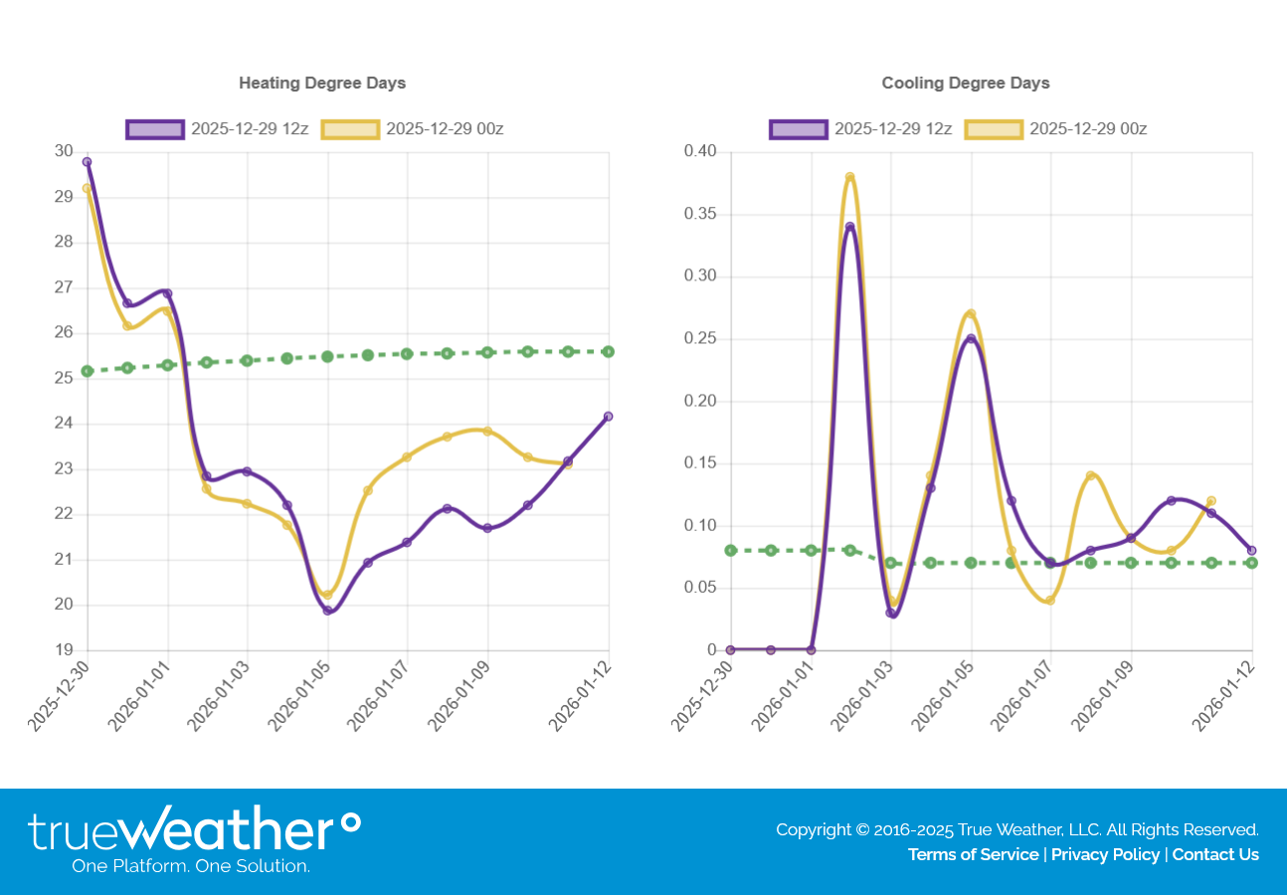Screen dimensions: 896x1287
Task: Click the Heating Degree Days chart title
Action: tap(322, 83)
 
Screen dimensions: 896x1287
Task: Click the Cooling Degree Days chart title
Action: tap(965, 83)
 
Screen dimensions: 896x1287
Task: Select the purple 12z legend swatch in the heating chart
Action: tap(155, 129)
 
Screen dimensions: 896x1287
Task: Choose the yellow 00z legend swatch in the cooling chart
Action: tap(994, 129)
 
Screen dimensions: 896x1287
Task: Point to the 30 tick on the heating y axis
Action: tap(64, 151)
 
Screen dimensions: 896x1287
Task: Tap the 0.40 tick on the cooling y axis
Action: tap(699, 151)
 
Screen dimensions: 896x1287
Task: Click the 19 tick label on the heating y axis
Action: tap(64, 650)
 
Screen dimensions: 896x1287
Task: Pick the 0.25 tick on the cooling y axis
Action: tap(699, 338)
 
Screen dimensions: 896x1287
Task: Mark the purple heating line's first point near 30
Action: tap(87, 161)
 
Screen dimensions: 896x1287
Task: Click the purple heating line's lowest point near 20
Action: tap(327, 611)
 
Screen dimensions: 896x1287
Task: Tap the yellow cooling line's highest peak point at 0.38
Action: tap(850, 177)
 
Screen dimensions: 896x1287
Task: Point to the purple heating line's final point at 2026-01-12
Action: tap(609, 416)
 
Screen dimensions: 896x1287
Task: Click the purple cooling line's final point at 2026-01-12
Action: tap(1252, 550)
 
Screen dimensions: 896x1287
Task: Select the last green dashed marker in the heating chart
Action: tap(609, 351)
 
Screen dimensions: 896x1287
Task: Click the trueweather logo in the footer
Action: tap(194, 840)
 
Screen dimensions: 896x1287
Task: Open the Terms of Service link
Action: tap(973, 854)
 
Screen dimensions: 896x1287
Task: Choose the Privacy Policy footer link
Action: tap(1105, 854)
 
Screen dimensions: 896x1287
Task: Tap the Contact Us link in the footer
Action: tap(1215, 854)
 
